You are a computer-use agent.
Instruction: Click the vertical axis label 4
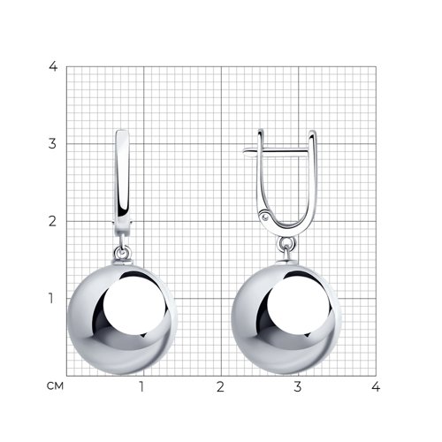tap(53, 67)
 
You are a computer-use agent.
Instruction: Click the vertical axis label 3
tap(52, 144)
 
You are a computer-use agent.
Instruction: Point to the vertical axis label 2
tap(52, 221)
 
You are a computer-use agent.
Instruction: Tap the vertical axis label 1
tap(51, 299)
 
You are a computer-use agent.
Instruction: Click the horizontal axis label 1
tap(142, 386)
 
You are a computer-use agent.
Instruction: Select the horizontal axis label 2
tap(220, 386)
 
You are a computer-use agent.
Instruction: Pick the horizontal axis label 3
tap(298, 386)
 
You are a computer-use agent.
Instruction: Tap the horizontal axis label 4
tap(376, 386)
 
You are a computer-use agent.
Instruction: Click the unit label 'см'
tap(55, 386)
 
